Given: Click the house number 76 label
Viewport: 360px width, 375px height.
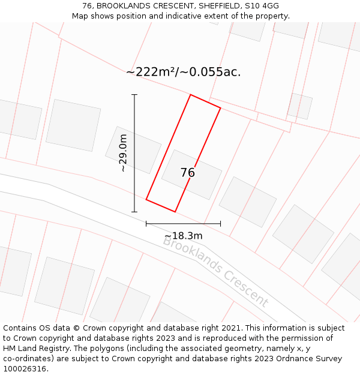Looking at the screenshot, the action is (x=188, y=173).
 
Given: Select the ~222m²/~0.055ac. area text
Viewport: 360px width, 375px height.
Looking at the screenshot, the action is (x=184, y=72).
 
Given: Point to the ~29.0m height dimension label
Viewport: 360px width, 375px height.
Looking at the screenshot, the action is (x=123, y=153).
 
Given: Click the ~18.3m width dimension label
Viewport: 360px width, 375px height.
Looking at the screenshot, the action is (x=183, y=236).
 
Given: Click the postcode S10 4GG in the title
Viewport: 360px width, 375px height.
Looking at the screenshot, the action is (x=263, y=6).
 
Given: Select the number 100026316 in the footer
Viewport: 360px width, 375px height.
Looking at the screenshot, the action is (x=24, y=369).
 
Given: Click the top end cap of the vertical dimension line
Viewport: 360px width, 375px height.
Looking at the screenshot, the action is (x=134, y=95).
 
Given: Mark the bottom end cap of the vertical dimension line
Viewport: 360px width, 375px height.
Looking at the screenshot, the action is (x=134, y=212).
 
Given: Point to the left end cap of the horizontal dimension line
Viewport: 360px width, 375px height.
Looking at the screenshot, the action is (x=146, y=224).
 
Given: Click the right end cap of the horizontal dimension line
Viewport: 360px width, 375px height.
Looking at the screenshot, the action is (x=220, y=224).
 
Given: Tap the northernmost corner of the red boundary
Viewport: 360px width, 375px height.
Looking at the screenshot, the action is (x=190, y=95).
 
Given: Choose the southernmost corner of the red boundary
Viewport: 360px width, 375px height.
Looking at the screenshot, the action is (x=175, y=212).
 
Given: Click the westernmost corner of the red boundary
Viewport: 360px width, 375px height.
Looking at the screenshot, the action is (x=146, y=200).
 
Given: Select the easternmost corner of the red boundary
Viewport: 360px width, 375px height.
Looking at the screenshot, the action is (x=220, y=108).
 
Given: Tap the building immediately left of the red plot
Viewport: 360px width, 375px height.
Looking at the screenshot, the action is (x=133, y=149).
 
